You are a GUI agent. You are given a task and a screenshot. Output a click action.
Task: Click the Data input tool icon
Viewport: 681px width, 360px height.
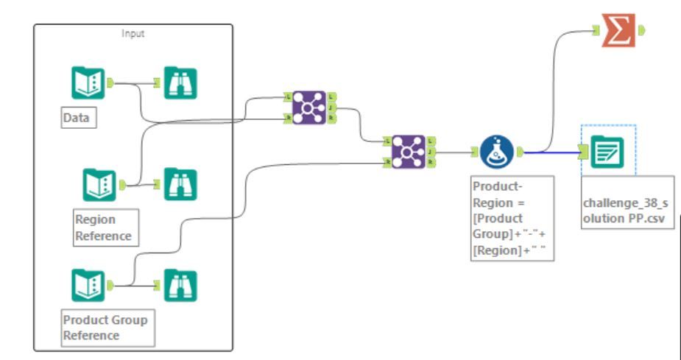pos(88,82)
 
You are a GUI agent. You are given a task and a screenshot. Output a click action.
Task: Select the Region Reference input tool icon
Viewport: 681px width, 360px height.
pos(99,185)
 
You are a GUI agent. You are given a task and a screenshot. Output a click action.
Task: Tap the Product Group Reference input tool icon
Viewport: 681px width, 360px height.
pos(88,286)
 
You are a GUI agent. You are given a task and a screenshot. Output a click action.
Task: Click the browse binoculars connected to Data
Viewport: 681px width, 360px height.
pos(180,82)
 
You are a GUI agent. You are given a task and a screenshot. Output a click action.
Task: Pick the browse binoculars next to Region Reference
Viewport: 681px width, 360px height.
pos(180,185)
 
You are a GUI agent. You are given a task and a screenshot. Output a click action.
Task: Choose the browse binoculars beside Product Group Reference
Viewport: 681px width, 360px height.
pos(180,286)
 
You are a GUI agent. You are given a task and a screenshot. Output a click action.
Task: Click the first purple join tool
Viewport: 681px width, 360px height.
pos(309,107)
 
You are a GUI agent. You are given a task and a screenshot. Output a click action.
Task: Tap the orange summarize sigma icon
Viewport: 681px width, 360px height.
pos(618,30)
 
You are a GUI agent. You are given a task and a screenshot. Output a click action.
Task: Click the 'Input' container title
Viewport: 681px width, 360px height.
pos(133,34)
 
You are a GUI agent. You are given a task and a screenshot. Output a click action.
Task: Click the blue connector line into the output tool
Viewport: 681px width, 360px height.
pos(552,152)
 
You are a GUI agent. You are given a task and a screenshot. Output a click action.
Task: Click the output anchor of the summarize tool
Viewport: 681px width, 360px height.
pos(642,30)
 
